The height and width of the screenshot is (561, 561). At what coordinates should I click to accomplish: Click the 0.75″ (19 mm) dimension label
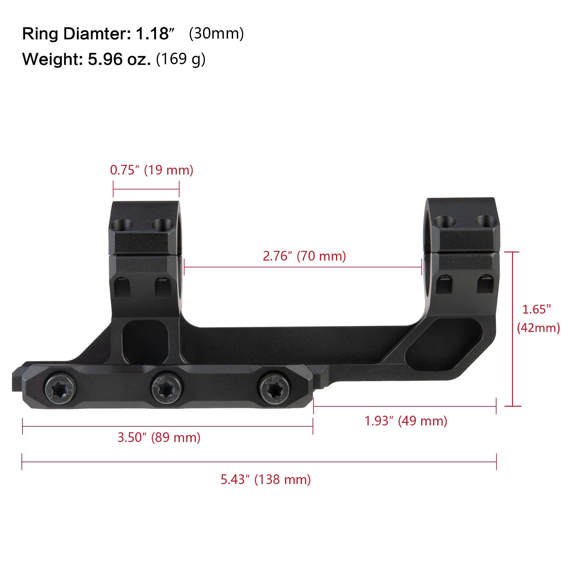[152, 170]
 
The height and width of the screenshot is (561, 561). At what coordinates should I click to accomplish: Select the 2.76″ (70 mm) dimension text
[304, 256]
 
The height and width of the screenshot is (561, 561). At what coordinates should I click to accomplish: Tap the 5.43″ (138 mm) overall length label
[266, 479]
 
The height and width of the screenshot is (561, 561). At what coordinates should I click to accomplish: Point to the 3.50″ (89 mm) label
[159, 437]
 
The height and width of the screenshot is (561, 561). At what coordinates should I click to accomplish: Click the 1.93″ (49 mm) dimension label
[406, 421]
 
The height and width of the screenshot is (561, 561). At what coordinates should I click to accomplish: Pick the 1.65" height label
[537, 309]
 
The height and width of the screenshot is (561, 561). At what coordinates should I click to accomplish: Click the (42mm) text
[538, 328]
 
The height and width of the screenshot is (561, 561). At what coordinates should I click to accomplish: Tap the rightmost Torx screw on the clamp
[271, 388]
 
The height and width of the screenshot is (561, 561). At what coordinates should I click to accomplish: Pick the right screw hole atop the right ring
[485, 221]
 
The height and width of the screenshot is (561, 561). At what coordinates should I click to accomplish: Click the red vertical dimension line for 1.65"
[513, 328]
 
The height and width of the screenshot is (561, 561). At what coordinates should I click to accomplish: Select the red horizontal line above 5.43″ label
[259, 462]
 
